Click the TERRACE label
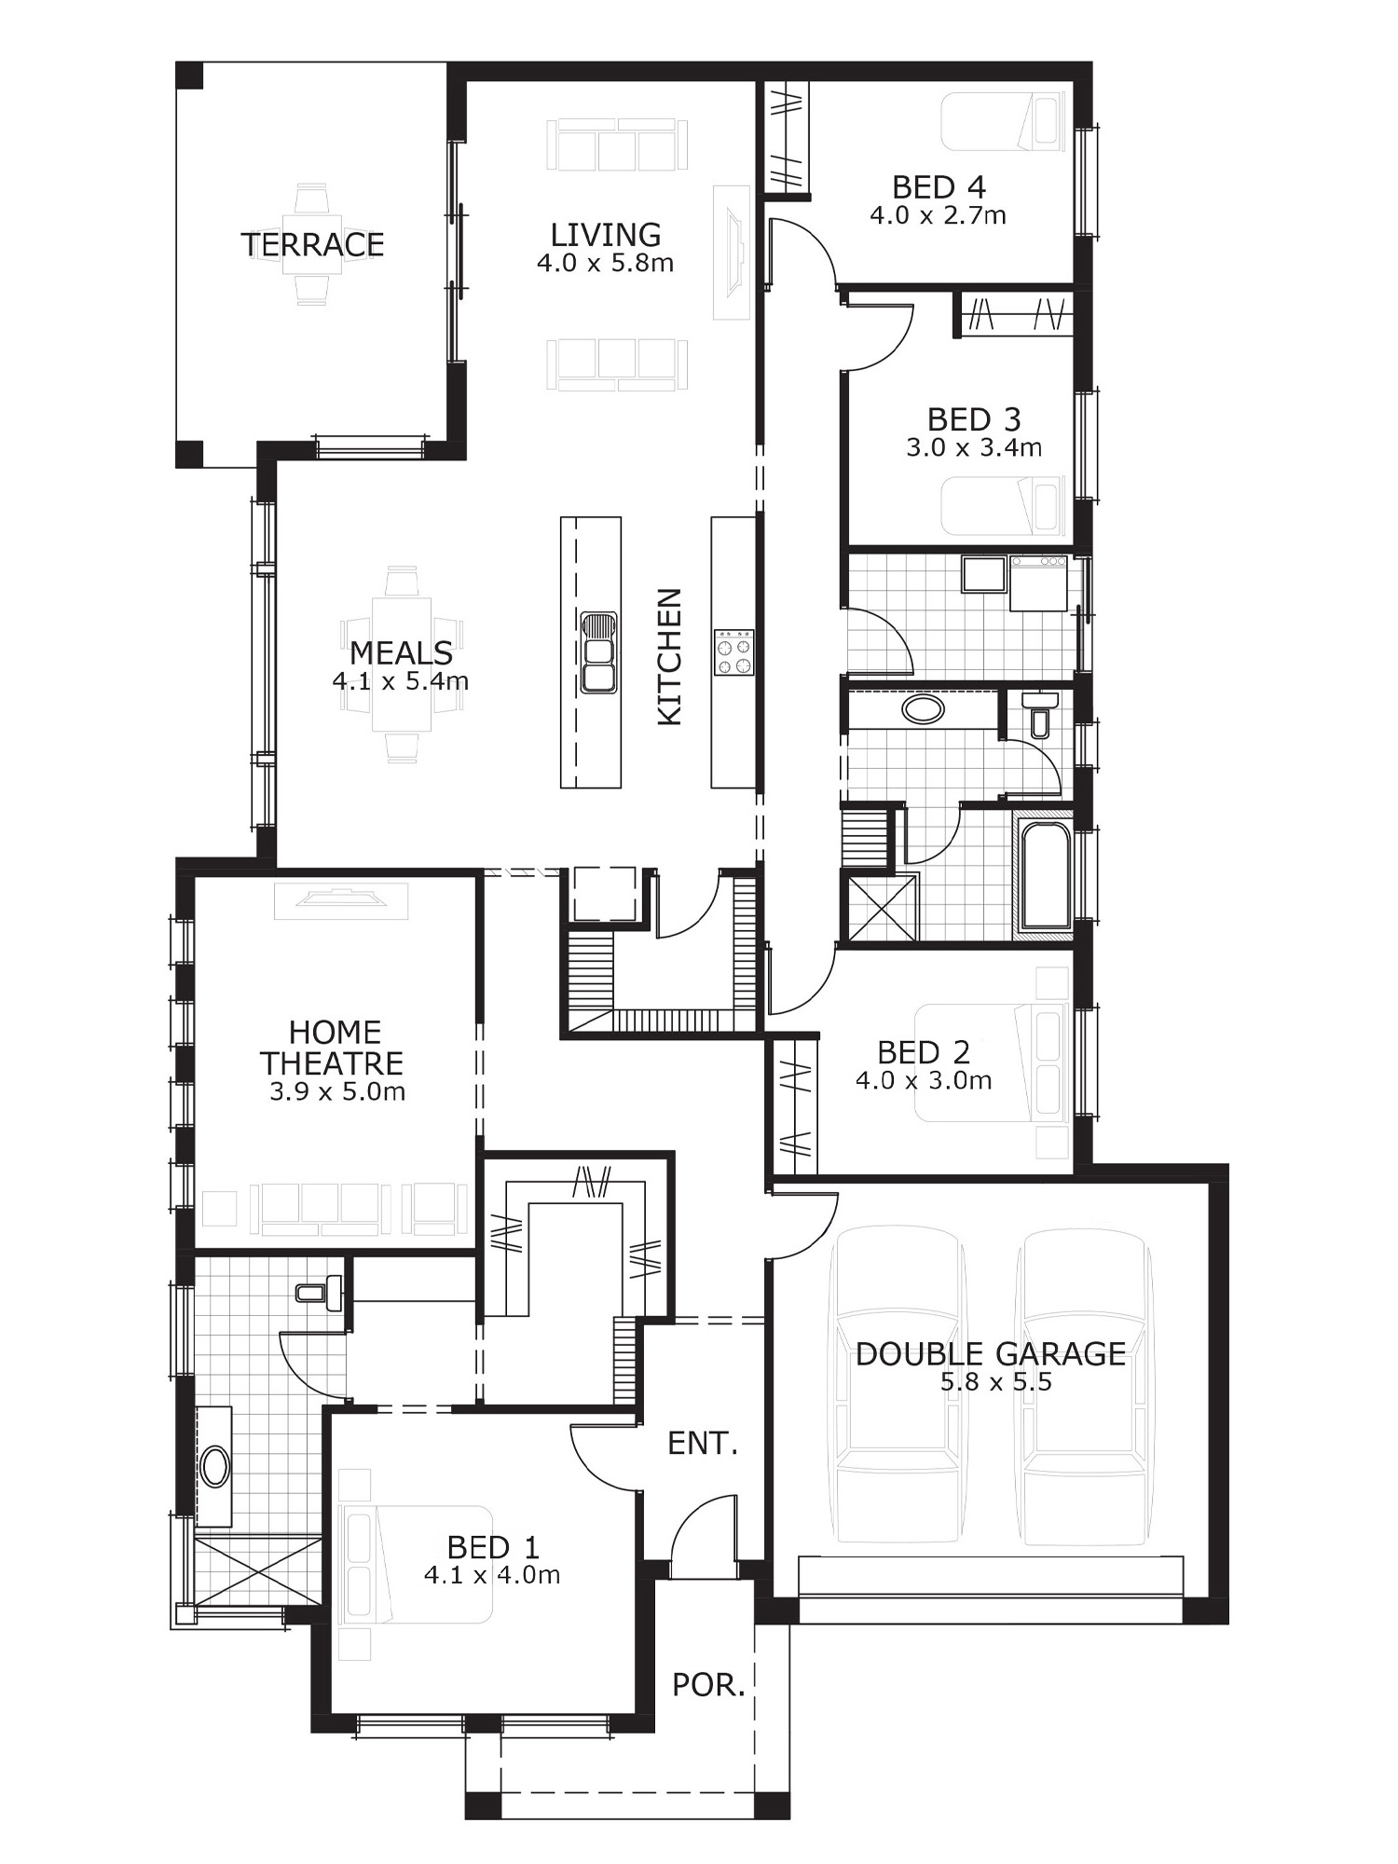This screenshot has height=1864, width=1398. coord(312,244)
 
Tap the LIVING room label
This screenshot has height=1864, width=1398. coord(606,234)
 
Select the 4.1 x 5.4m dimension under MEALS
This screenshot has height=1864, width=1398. coord(401,681)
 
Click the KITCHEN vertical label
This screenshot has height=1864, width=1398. coord(670,656)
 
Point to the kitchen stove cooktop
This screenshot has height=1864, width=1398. coord(733,652)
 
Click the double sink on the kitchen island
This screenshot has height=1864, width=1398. coord(598,652)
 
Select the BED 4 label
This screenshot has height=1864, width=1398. coord(939,187)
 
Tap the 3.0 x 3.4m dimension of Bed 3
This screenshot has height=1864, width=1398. coord(974,448)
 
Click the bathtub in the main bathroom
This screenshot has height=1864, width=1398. coord(1046,873)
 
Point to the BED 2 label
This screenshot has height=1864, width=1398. coord(924,1052)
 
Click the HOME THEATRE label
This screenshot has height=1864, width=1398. coord(333,1048)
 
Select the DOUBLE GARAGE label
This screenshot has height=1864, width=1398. coord(991,1354)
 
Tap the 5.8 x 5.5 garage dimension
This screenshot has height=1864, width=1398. coord(996,1382)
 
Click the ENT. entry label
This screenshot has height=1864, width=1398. coord(703,1444)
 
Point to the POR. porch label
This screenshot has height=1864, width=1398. coord(709,1685)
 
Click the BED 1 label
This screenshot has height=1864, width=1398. coord(493,1547)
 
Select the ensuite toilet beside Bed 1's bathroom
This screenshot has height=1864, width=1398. coord(319,1293)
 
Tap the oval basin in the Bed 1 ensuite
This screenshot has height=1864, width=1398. coord(215,1466)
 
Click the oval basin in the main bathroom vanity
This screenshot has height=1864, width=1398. coord(923,709)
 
